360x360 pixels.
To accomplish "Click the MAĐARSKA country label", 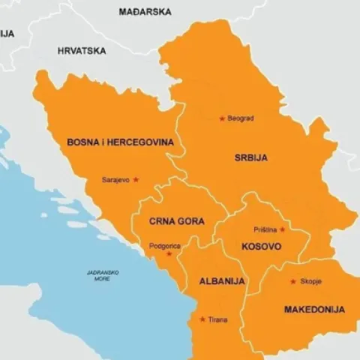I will tap(145, 12).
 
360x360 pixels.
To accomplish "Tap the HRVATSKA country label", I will tap(82, 51).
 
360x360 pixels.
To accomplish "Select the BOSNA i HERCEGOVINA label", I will tap(120, 142).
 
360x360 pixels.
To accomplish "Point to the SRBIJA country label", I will tap(250, 157).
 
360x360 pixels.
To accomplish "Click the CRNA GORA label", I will tap(176, 221).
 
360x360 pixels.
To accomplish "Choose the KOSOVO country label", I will tap(261, 246).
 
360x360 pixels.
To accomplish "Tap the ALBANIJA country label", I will tap(222, 281).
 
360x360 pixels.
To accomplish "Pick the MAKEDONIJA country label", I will tap(314, 309).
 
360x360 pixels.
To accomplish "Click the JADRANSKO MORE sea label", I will tap(102, 274).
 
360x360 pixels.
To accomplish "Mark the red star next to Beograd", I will tap(221, 118).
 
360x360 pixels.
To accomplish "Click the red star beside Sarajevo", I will tap(136, 180).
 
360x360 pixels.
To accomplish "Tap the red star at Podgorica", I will tap(169, 253).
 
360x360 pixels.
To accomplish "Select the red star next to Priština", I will tap(282, 229).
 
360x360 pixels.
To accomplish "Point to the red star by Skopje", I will tap(292, 282).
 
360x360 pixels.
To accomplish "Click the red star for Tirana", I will tap(202, 319).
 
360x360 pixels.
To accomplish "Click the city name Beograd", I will tap(241, 118).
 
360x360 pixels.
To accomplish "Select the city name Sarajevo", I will tap(115, 180).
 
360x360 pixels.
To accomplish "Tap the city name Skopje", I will tap(311, 282).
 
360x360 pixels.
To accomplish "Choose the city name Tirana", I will tap(218, 319).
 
